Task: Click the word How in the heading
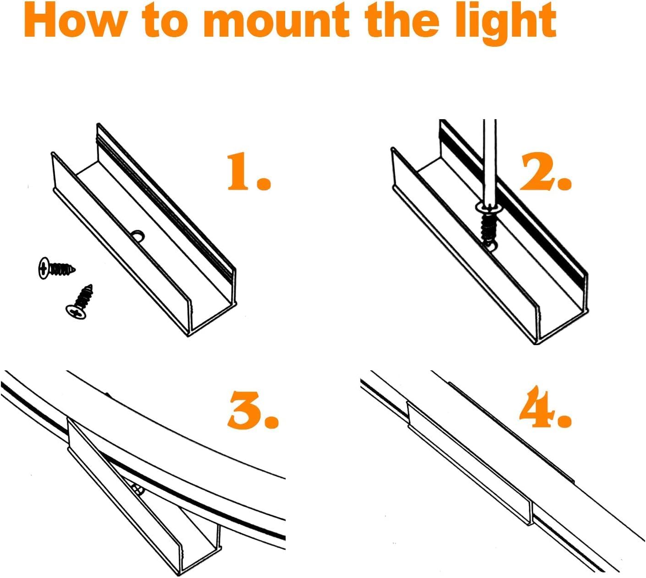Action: point(73,22)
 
